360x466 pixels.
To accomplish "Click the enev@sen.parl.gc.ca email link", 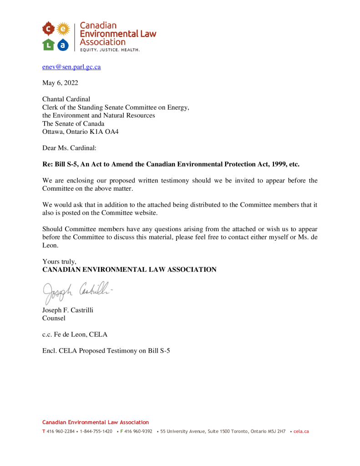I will coord(71,67).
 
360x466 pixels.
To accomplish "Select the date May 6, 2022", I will coord(60,83).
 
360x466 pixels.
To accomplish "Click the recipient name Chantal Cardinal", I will coord(66,99).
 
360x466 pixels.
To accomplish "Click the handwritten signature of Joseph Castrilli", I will coord(77,290).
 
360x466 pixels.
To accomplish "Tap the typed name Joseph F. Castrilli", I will coord(68,310).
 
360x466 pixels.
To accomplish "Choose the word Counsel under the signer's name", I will coord(54,319).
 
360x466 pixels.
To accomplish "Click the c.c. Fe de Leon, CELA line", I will coord(75,334).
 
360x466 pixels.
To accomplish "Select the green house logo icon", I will coord(48,44).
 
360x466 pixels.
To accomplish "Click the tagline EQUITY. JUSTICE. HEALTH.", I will coord(110,49).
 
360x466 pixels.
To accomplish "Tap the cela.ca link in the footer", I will coord(301,431).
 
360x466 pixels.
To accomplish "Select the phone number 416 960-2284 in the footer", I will coord(61,431).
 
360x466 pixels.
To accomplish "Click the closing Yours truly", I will coord(59,262).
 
